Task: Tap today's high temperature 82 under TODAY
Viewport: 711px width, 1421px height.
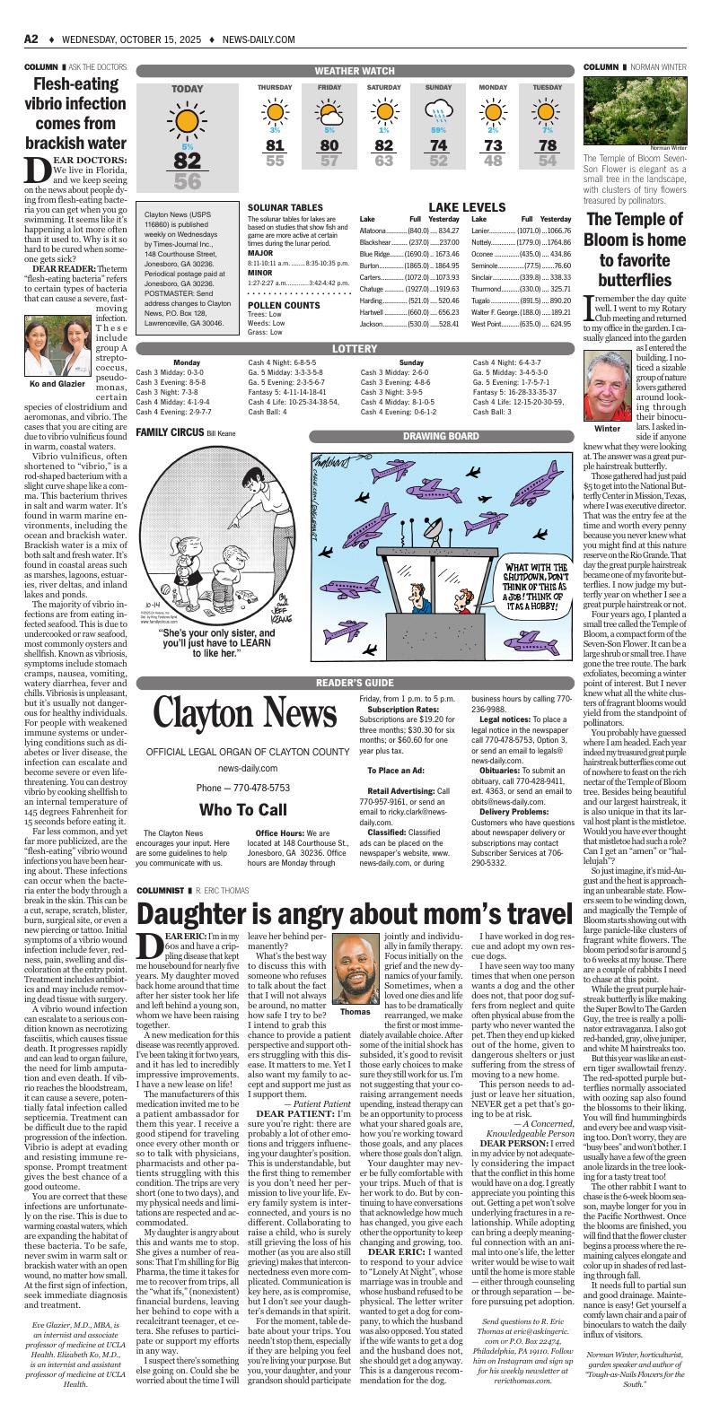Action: point(187,161)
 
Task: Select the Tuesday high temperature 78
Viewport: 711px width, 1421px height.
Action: point(548,145)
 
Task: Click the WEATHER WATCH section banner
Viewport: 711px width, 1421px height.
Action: point(355,71)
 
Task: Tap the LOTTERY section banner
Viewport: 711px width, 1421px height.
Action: point(355,348)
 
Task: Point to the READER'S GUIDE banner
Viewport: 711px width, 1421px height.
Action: point(355,683)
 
